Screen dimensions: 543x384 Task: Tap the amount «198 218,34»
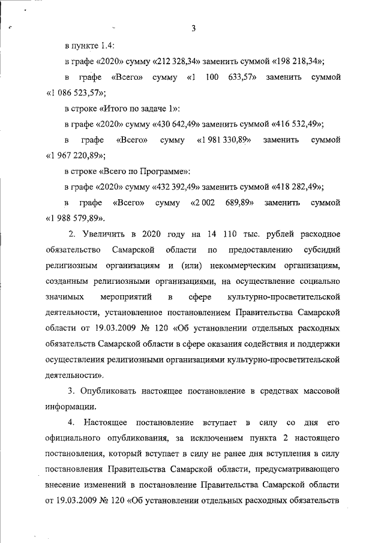(298, 62)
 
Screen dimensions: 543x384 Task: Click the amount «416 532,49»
(298, 124)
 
